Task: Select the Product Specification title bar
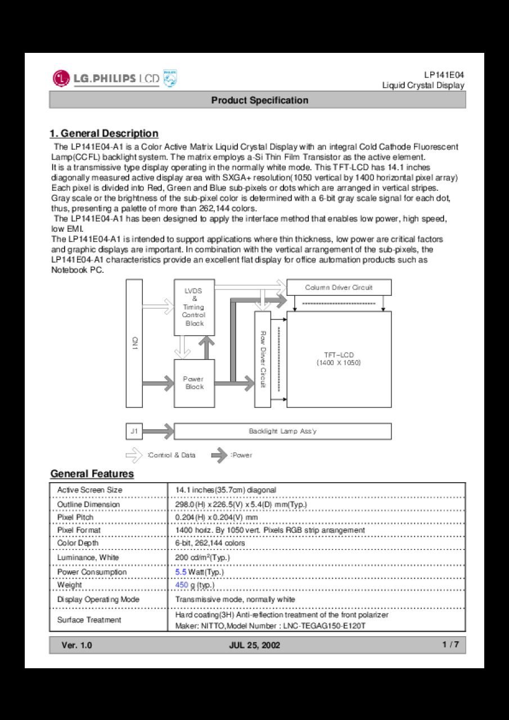tap(258, 100)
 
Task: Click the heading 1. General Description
tap(104, 133)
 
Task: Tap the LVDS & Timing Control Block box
tap(194, 307)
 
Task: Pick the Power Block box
tap(194, 383)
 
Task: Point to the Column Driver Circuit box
tap(339, 287)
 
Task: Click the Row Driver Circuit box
tap(263, 359)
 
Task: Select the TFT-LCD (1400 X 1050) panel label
tap(339, 359)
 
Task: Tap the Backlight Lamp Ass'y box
tap(282, 431)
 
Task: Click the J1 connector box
tap(134, 431)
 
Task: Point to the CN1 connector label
tap(134, 343)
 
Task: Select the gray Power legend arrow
tap(219, 455)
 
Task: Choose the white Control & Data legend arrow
tap(134, 455)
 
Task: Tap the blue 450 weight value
tap(182, 585)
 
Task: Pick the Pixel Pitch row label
tap(75, 517)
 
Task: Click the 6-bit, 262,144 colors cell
tap(210, 543)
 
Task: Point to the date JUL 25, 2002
tap(254, 645)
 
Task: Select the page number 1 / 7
tap(451, 645)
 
